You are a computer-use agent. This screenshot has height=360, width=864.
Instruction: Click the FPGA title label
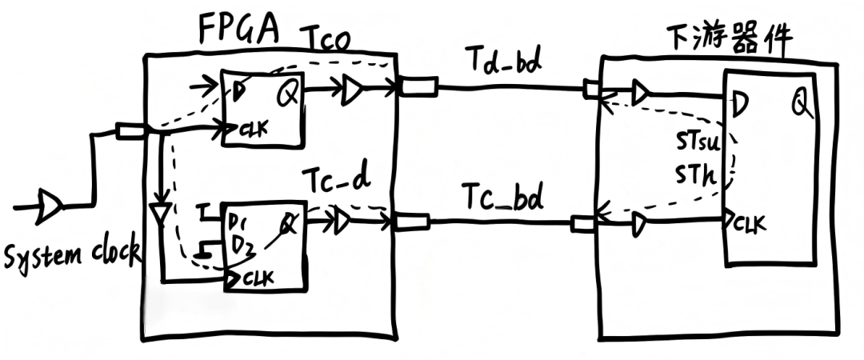[238, 30]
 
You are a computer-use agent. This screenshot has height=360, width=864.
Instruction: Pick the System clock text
[72, 255]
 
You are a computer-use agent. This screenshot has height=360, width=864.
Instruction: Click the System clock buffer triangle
[50, 207]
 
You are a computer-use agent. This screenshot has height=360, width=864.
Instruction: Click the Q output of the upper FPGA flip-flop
[286, 95]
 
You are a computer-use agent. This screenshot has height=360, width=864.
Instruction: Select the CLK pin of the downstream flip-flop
[750, 222]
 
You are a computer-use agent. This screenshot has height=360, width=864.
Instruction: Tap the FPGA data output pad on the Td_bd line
[418, 86]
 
